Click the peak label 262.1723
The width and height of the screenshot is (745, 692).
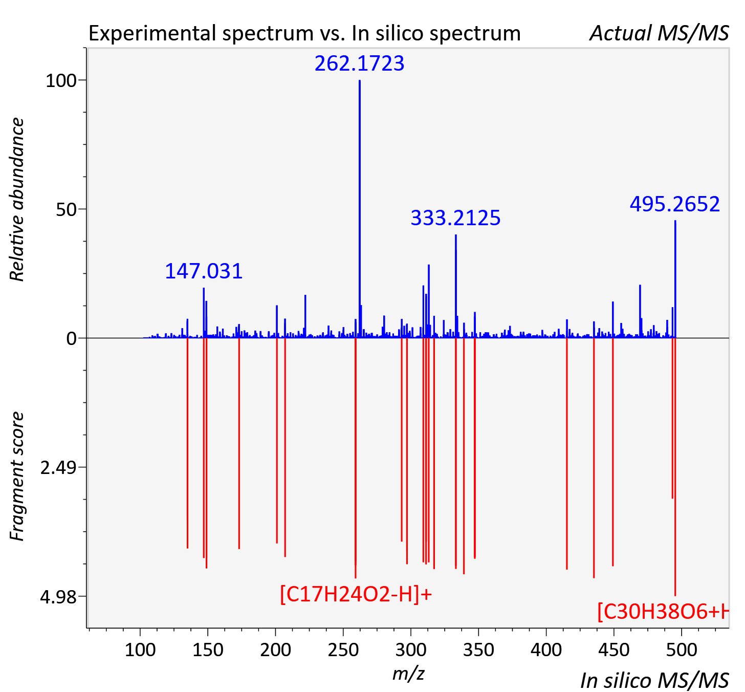[x=359, y=63]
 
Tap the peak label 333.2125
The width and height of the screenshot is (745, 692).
[x=455, y=218]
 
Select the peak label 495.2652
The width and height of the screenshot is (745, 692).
[x=674, y=205]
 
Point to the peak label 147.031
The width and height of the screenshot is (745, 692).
[x=204, y=271]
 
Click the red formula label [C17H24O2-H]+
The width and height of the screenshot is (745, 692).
[x=356, y=595]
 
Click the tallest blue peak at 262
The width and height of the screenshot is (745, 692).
[x=359, y=209]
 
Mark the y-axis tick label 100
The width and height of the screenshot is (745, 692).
[x=61, y=81]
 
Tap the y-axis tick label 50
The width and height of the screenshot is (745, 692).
[x=66, y=210]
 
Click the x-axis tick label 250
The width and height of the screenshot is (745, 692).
[x=343, y=650]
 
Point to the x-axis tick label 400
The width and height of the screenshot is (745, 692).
[x=546, y=650]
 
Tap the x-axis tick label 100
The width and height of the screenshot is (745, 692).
[x=140, y=650]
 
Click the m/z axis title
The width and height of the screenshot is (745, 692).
[x=408, y=673]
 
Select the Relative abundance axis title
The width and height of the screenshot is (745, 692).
[x=17, y=199]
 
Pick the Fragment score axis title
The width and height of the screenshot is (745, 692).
[x=17, y=476]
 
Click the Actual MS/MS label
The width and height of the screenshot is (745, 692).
[x=659, y=33]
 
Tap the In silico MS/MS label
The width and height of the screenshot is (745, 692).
[x=654, y=681]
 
